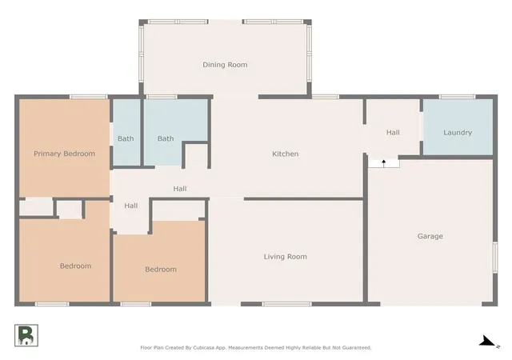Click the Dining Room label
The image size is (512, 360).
(225, 65)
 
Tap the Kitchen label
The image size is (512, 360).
(286, 154)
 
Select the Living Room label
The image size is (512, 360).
(286, 257)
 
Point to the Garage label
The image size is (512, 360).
(430, 236)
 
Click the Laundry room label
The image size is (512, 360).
(458, 133)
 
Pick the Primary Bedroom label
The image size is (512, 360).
(64, 154)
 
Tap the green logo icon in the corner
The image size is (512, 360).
(26, 335)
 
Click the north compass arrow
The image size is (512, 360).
(487, 342)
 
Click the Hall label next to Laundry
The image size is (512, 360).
(393, 133)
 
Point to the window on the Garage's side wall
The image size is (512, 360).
(495, 258)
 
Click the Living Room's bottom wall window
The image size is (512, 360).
(287, 304)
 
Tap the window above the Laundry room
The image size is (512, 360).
(457, 97)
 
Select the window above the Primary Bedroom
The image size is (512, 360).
(89, 97)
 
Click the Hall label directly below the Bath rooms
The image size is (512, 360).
(180, 189)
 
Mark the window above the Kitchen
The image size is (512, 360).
(326, 97)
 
